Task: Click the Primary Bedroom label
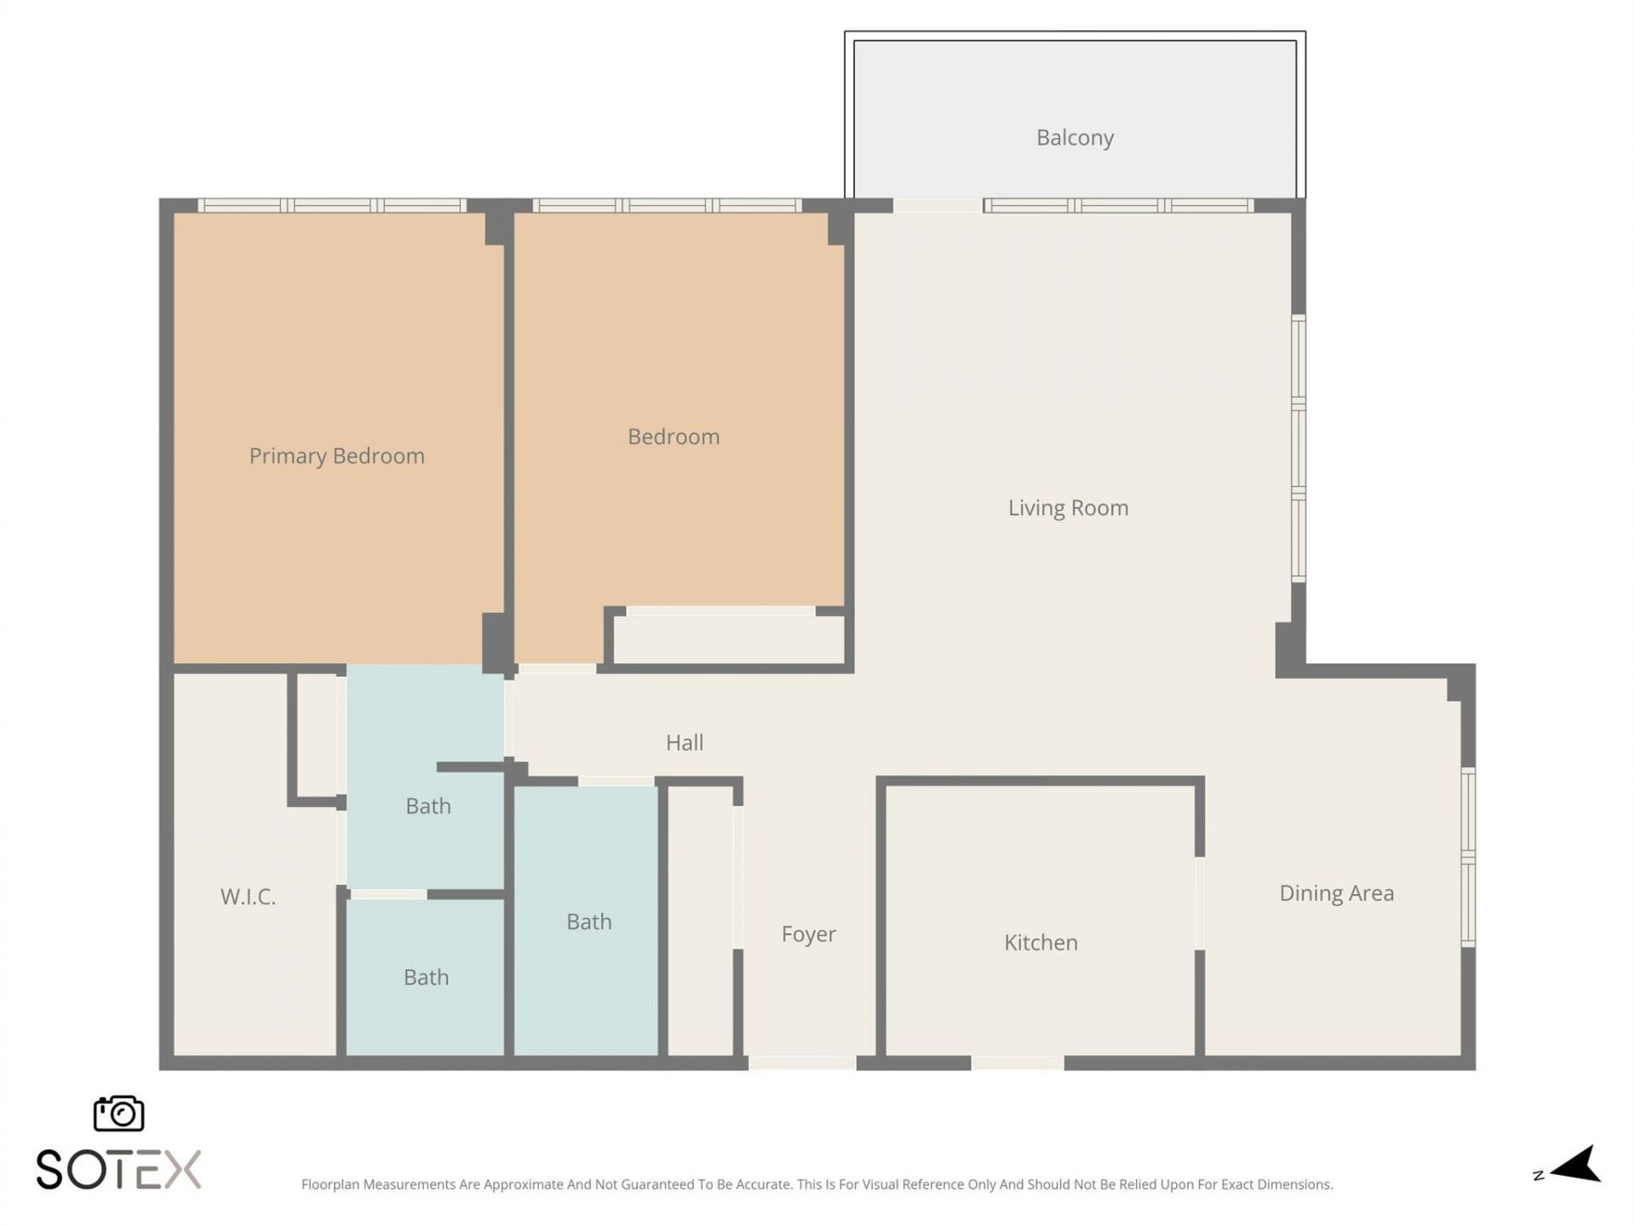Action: click(x=336, y=456)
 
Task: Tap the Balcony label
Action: click(x=1075, y=138)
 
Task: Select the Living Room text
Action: click(x=1068, y=508)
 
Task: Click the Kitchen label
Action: click(x=1041, y=942)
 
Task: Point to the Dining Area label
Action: click(x=1336, y=893)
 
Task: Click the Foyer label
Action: click(x=808, y=934)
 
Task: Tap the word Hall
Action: click(x=684, y=742)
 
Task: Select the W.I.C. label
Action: click(x=248, y=897)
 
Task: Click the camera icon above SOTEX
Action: click(x=118, y=1113)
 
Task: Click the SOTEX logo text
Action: click(x=118, y=1169)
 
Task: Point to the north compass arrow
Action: click(x=1576, y=1166)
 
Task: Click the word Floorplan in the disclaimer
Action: click(x=330, y=1184)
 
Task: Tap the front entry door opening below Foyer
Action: click(x=801, y=1062)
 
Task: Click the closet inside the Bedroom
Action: click(x=728, y=639)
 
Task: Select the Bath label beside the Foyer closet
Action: click(x=588, y=922)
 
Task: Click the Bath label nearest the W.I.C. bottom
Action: click(x=426, y=977)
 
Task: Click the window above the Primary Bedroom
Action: click(x=332, y=205)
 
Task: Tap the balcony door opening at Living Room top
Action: click(x=937, y=205)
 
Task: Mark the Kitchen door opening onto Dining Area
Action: click(x=1199, y=902)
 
